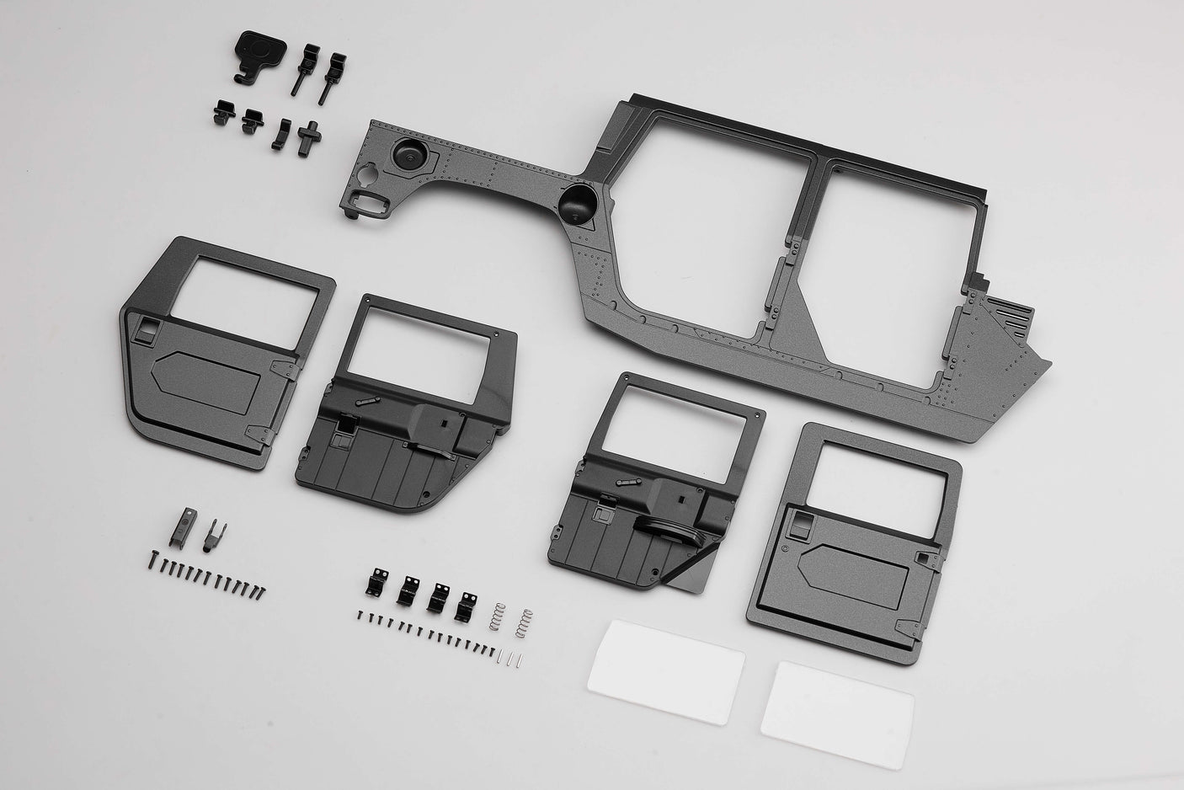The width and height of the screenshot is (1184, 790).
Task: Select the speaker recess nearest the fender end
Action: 408,157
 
